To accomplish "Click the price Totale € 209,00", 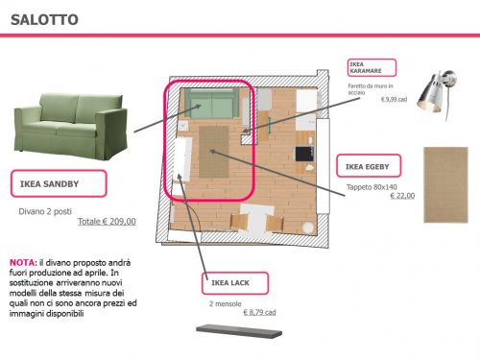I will (107, 222).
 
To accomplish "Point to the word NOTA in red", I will (23, 262).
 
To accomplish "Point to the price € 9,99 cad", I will (396, 100).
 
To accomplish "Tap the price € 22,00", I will (402, 196).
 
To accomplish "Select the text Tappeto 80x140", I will (371, 186).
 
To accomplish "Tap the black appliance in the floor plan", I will (303, 153).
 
